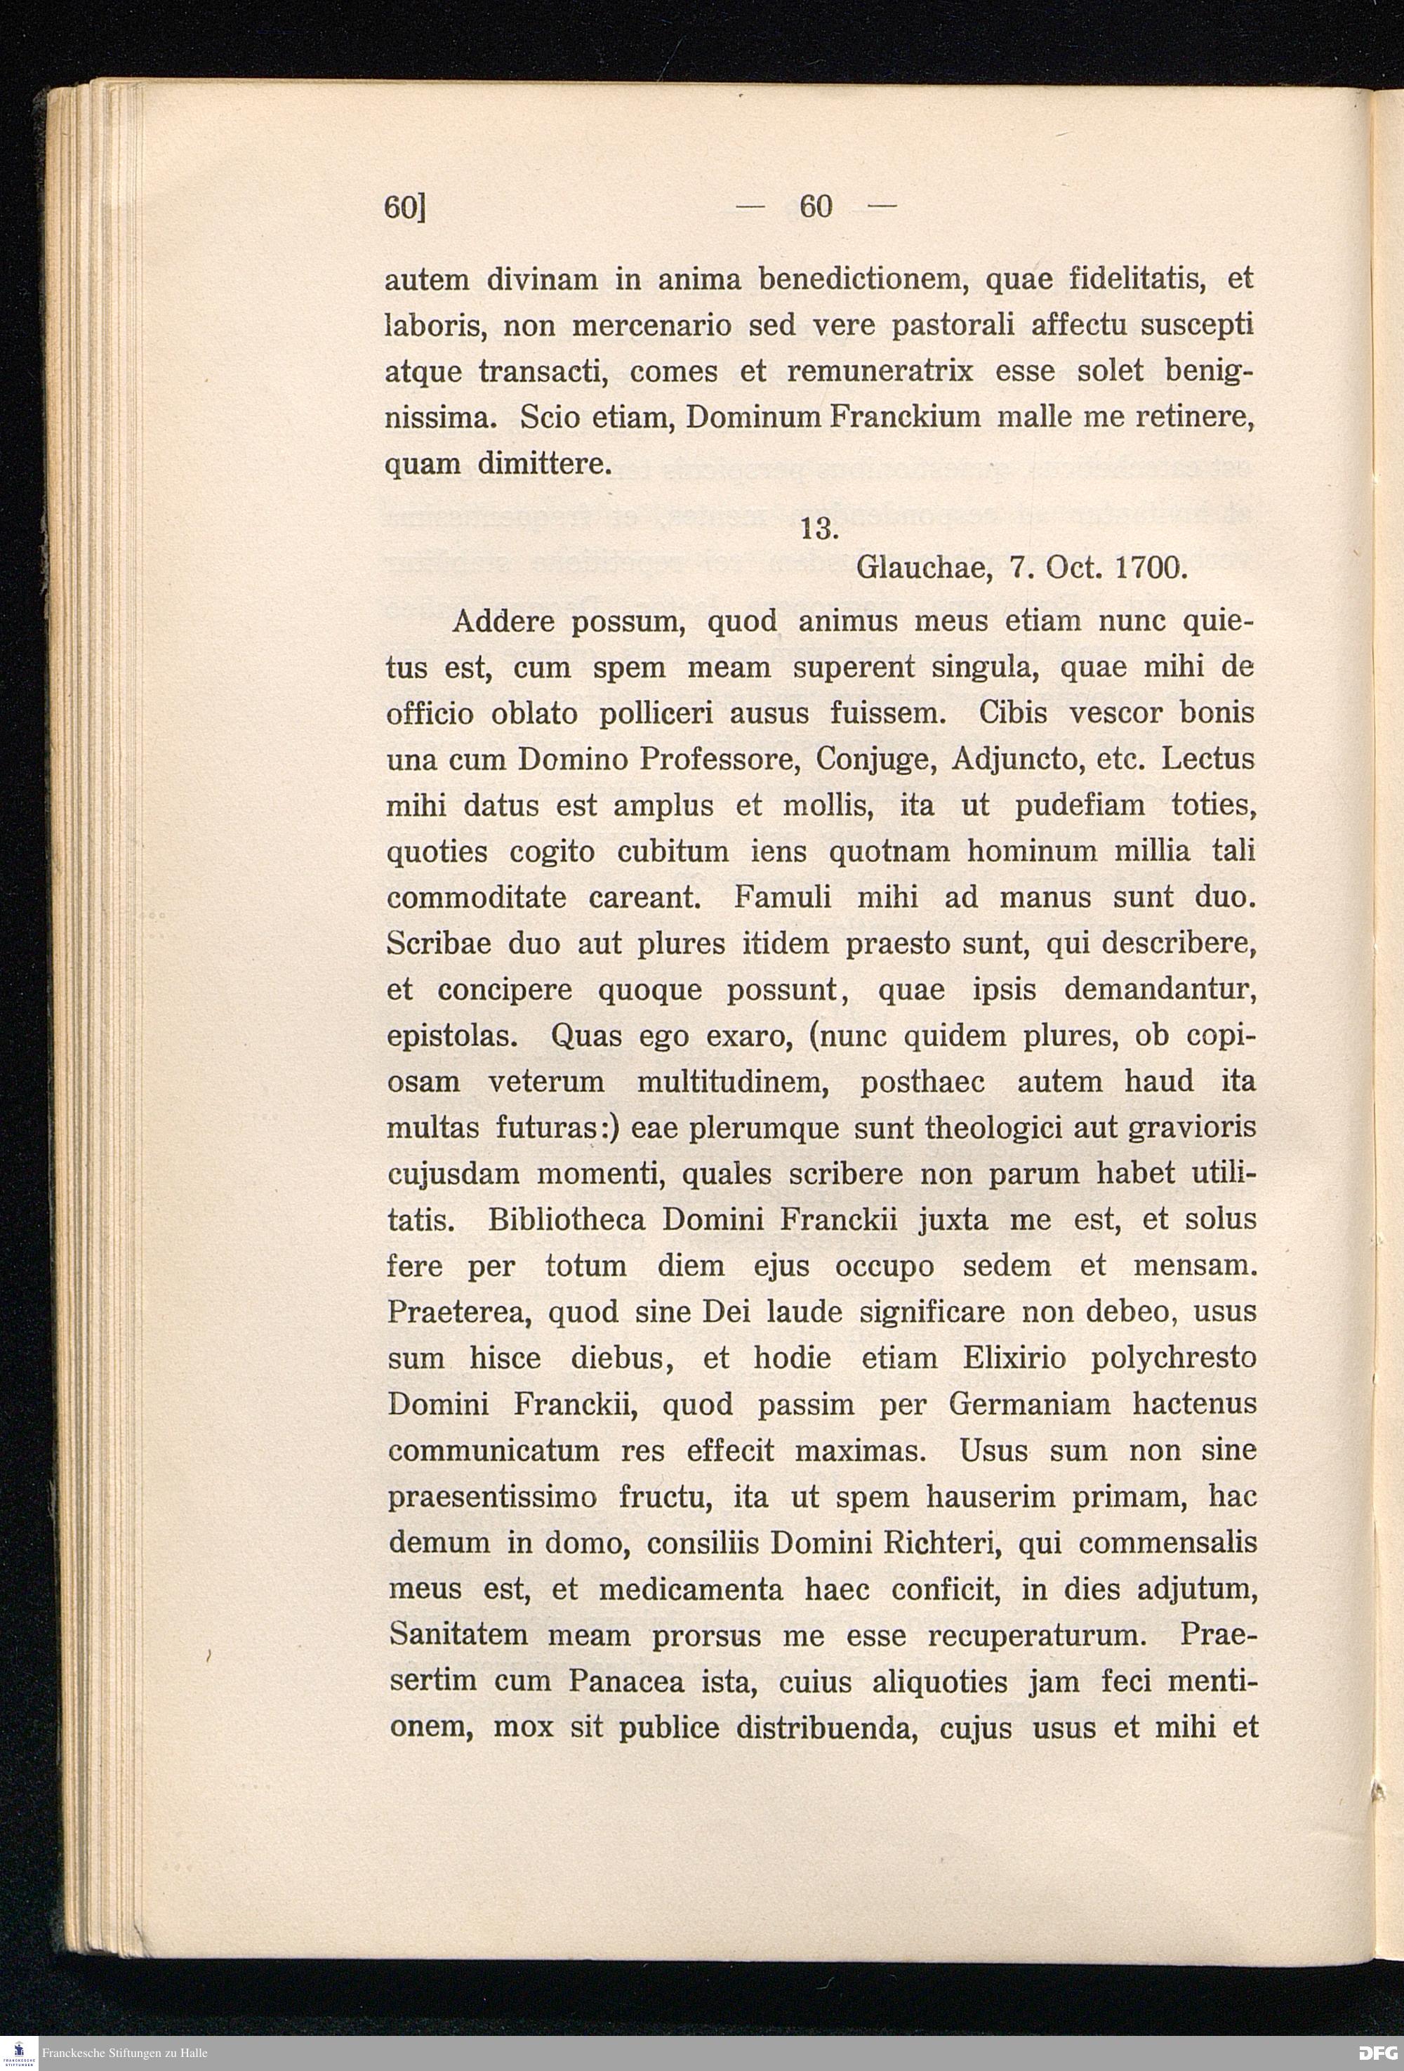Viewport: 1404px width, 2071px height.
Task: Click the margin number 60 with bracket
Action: [x=405, y=206]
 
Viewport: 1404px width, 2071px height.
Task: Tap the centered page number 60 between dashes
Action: [x=816, y=206]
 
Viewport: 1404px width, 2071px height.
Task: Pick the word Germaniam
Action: [x=1029, y=1405]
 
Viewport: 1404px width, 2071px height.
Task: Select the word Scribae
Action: [x=438, y=944]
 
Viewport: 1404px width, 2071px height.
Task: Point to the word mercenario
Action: [x=651, y=325]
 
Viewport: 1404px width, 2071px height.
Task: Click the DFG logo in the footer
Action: [x=1377, y=2053]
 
